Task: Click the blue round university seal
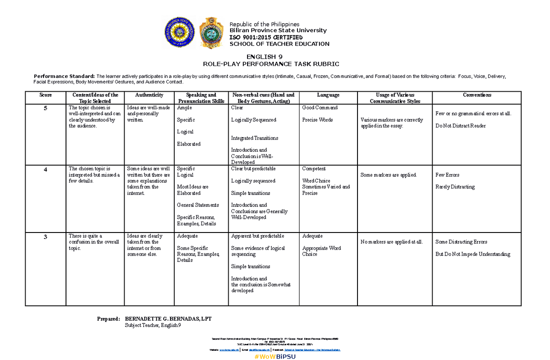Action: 180,33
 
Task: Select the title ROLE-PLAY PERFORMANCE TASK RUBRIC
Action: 274,64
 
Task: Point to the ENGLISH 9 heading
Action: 274,56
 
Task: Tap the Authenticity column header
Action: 149,95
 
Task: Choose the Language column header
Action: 328,95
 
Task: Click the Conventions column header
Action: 477,95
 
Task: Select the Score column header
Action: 45,95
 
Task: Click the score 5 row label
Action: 45,108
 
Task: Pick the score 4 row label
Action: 45,169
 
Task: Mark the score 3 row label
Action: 45,237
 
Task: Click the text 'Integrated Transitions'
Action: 254,138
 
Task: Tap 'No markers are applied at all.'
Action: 392,242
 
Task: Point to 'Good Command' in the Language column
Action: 320,108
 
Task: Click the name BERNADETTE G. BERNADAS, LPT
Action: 168,319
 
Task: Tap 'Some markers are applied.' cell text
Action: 388,175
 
